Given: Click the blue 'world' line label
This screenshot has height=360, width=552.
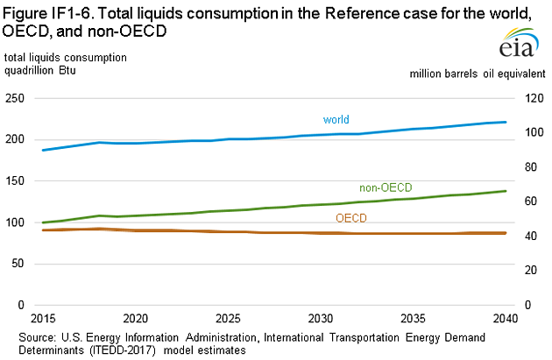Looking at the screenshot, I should [336, 117].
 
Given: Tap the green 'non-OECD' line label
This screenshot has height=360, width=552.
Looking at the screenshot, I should [386, 187].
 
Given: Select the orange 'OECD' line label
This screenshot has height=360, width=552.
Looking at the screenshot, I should [352, 216].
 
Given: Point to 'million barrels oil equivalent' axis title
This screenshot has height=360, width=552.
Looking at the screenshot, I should [477, 74].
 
